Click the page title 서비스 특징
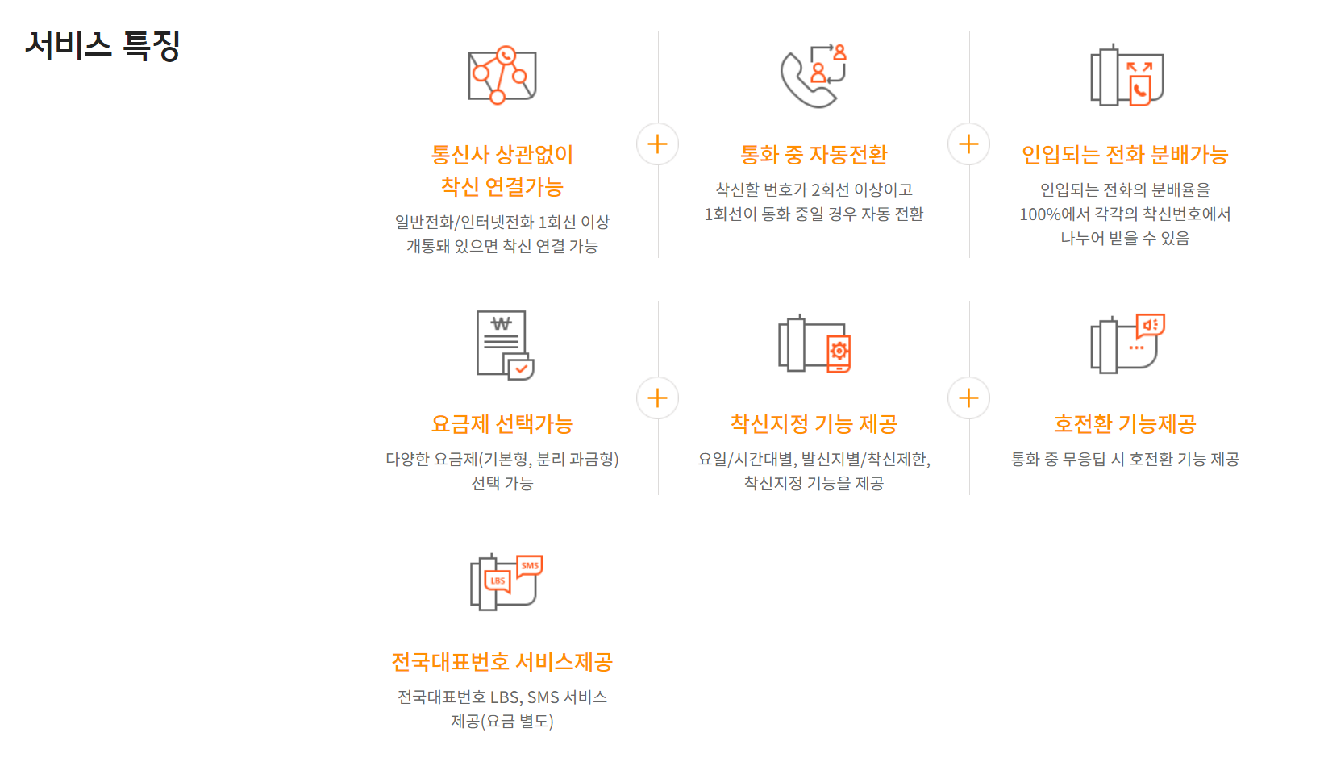coord(102,45)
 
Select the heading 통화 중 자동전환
coord(814,154)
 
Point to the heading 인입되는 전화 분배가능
coord(1125,154)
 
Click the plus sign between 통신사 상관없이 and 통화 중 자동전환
coord(657,144)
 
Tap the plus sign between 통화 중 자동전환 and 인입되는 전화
coord(968,144)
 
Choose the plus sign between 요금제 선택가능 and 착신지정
coord(657,398)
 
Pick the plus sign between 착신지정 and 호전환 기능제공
coord(968,398)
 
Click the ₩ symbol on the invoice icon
coord(502,323)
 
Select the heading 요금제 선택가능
coord(502,423)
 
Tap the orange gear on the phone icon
coord(839,351)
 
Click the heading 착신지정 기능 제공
coord(814,423)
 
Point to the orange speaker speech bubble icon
coord(1150,325)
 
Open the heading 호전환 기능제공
coord(1125,423)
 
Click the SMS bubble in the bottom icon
coord(530,566)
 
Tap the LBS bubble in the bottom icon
coord(498,581)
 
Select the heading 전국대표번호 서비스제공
coord(502,662)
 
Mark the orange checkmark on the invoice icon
coord(522,369)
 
